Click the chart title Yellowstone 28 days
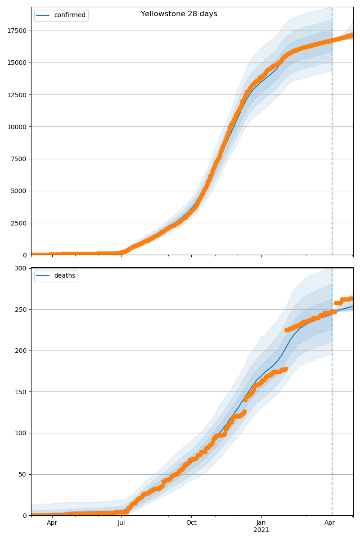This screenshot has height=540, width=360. pos(179,14)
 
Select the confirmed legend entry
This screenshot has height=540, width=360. pos(69,15)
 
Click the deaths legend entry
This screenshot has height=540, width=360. pos(64,276)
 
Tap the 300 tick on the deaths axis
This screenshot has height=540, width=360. pos(22,268)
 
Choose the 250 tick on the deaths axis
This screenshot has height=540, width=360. pos(22,310)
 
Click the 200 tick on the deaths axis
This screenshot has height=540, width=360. pos(22,351)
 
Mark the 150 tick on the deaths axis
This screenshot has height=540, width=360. pos(22,392)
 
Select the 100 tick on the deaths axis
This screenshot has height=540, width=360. pos(22,433)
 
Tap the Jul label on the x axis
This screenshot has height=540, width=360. pos(121,523)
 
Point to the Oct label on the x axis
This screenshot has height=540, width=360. pos(191,523)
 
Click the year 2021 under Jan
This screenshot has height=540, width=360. pos(261,530)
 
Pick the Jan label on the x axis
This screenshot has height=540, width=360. pos(261,523)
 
